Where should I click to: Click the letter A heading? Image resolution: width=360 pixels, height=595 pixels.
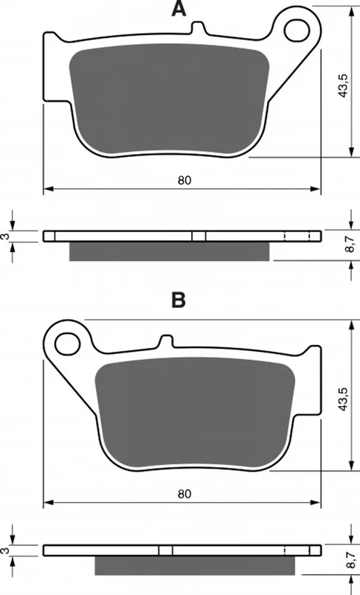pos(179,9)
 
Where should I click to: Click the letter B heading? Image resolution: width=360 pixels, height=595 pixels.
pos(179,300)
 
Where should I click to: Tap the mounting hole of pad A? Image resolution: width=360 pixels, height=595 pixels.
pos(298,30)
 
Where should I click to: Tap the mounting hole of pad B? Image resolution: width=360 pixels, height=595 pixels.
pos(68,344)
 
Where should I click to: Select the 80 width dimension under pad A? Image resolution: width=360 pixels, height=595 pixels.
pos(184,180)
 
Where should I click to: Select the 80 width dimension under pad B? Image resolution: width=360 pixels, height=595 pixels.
pos(184,494)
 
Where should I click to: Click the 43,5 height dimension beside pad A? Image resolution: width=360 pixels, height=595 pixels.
pos(344,86)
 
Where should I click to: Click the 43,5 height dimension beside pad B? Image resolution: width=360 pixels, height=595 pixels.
pos(344,399)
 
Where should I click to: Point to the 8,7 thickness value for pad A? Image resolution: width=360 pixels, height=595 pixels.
pos(350,244)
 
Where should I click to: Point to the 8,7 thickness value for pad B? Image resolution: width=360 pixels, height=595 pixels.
pos(350,558)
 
